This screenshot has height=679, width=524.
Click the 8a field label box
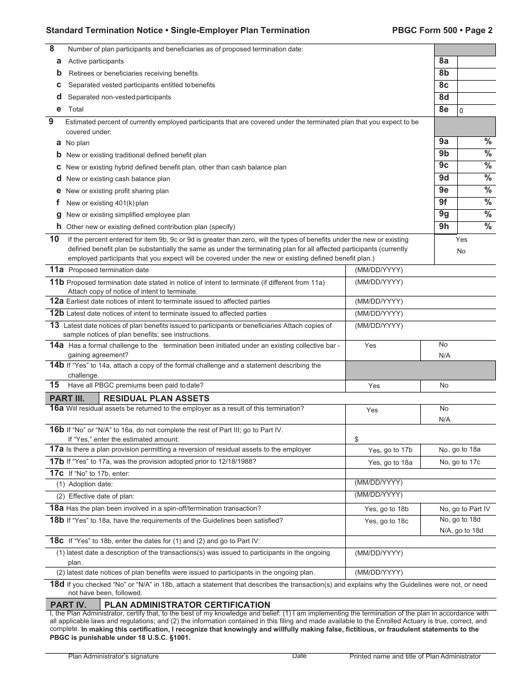pyautogui.click(x=443, y=61)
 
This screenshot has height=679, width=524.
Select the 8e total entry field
pyautogui.click(x=477, y=110)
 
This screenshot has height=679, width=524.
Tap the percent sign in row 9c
pyautogui.click(x=488, y=166)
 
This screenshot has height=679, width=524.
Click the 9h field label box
pyautogui.click(x=443, y=226)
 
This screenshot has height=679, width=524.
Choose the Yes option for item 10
pyautogui.click(x=461, y=240)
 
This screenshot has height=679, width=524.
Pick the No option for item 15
pyautogui.click(x=444, y=385)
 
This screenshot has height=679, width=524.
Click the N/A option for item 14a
pyautogui.click(x=445, y=356)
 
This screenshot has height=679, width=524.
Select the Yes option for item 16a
pyautogui.click(x=372, y=410)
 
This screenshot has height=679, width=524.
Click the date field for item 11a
pyautogui.click(x=420, y=270)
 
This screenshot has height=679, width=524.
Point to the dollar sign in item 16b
pyautogui.click(x=356, y=439)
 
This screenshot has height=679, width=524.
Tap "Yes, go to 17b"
pyautogui.click(x=390, y=450)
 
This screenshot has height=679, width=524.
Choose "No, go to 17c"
pyautogui.click(x=459, y=462)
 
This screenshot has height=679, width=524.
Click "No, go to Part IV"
pyautogui.click(x=464, y=509)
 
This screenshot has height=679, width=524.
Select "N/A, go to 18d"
pyautogui.click(x=461, y=531)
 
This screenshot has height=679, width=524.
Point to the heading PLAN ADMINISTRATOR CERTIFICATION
pyautogui.click(x=188, y=604)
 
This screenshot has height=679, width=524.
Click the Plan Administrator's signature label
pyautogui.click(x=114, y=656)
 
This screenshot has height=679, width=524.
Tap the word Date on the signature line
pyautogui.click(x=300, y=656)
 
